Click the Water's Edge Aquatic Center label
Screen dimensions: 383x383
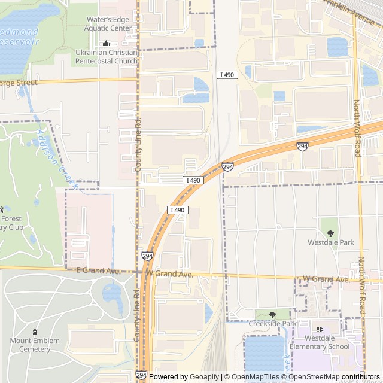(x=109, y=23)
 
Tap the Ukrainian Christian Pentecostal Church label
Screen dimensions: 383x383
(x=107, y=57)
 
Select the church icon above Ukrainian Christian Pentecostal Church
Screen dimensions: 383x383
(x=107, y=43)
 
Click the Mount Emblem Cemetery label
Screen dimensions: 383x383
(x=35, y=345)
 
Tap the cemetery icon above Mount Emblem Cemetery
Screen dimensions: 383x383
(x=35, y=332)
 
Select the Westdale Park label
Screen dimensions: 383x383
(x=330, y=242)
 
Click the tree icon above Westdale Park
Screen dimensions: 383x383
(x=330, y=233)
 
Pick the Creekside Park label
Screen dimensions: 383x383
(x=272, y=324)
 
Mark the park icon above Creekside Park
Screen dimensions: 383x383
(x=272, y=314)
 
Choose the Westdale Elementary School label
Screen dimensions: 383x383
(x=319, y=342)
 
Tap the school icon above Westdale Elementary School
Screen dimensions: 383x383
(x=319, y=330)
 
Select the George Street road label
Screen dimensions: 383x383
(x=18, y=83)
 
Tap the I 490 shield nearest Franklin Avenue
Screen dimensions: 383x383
(x=227, y=75)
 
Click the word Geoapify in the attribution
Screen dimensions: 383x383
(x=205, y=377)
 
